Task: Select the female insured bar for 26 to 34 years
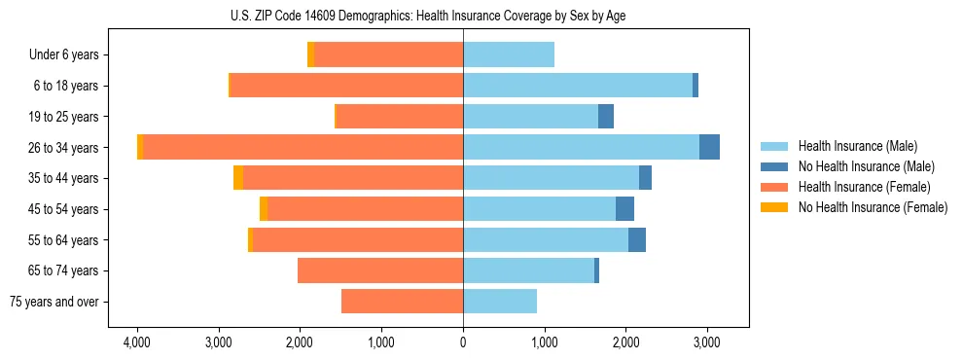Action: (x=303, y=147)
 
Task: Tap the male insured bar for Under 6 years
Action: (x=509, y=54)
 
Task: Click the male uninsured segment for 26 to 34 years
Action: (x=709, y=147)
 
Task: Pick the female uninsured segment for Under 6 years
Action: (x=310, y=54)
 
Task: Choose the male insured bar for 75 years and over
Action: (x=500, y=302)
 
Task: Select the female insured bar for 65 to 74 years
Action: (x=380, y=270)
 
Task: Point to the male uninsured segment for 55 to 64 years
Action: (x=636, y=239)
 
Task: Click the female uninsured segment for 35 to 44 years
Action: (x=238, y=178)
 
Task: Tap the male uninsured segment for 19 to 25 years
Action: (x=606, y=116)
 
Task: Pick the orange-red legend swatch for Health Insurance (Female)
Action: (x=774, y=187)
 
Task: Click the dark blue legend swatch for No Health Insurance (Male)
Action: (x=774, y=166)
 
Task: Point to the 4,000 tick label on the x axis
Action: (x=137, y=342)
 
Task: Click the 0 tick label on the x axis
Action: (x=463, y=342)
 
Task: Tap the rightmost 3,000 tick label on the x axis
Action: (x=706, y=342)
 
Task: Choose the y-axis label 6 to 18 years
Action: (x=66, y=86)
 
